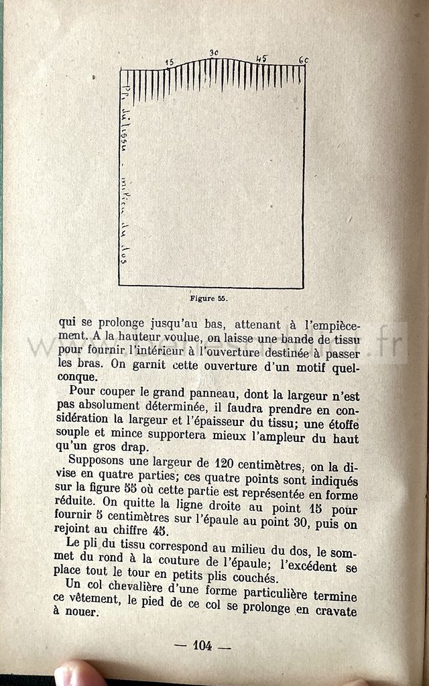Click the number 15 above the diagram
click(170, 62)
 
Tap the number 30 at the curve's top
click(214, 53)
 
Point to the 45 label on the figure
click(261, 58)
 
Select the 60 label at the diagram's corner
click(303, 60)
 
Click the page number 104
click(202, 646)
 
